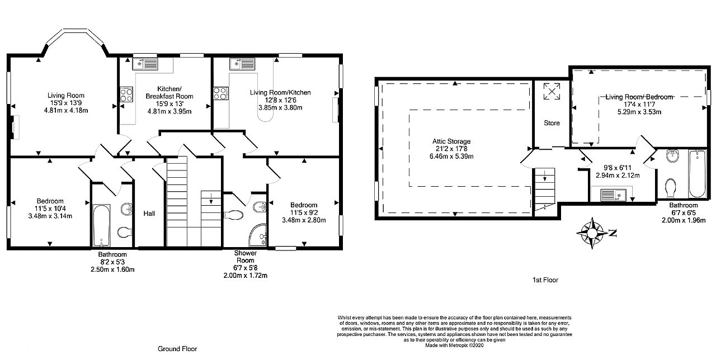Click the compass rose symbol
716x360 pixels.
pos(592,231)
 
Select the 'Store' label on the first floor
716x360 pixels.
pos(552,122)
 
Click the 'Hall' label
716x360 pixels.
pos(149,213)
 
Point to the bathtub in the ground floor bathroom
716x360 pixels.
pos(102,225)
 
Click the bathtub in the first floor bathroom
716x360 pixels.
pos(698,173)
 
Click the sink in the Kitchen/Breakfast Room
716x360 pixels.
pos(145,64)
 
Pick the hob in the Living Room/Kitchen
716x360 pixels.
pos(219,93)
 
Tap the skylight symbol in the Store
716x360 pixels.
pos(552,91)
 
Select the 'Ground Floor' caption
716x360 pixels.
pos(177,348)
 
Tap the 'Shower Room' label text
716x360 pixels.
pos(245,257)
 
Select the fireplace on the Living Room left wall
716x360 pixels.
pos(15,126)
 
